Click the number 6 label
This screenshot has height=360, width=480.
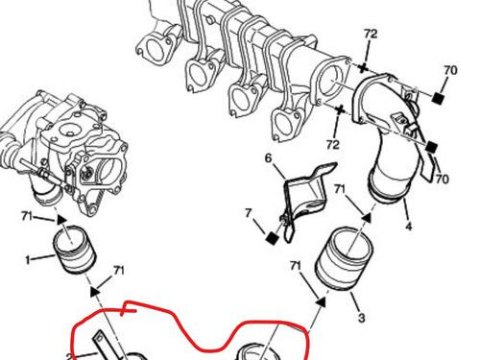click(268, 158)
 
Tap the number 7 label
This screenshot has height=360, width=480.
click(248, 213)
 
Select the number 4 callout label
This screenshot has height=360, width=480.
click(409, 227)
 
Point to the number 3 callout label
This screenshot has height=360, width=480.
click(361, 318)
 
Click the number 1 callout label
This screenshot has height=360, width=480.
click(28, 260)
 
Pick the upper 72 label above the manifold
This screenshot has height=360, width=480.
click(371, 34)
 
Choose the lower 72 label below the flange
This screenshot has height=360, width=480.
click(333, 145)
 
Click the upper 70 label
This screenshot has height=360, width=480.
click(450, 70)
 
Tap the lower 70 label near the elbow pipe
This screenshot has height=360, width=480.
click(442, 180)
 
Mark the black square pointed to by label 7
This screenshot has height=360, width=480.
click(273, 238)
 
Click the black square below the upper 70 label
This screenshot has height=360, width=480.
click(438, 98)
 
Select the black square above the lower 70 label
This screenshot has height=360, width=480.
click(431, 147)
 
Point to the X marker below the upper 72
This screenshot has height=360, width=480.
click(363, 68)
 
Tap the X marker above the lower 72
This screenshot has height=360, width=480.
click(340, 110)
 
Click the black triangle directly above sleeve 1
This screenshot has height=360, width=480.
click(61, 220)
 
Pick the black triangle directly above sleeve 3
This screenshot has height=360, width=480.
click(367, 218)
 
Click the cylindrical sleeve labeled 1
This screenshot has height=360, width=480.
click(74, 250)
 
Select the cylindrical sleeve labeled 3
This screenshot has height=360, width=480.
click(345, 258)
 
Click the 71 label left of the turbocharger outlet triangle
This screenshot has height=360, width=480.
click(27, 216)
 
